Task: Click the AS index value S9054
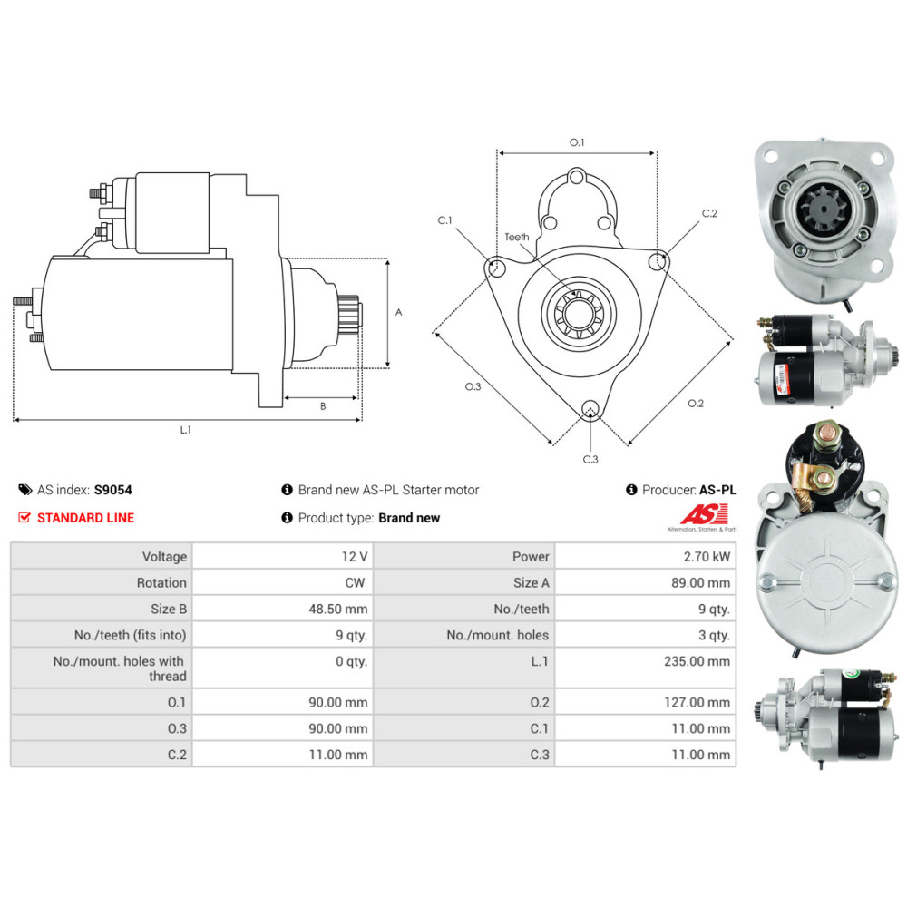tap(112, 490)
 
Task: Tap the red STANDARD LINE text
tap(85, 518)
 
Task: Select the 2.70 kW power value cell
tap(707, 557)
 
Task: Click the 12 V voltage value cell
tap(354, 557)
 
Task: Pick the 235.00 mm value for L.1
tap(697, 661)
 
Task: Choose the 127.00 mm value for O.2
tap(697, 702)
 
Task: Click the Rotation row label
tap(161, 582)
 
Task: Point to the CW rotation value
tap(355, 582)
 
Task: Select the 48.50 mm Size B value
tap(337, 609)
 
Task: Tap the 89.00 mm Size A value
tap(700, 582)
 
